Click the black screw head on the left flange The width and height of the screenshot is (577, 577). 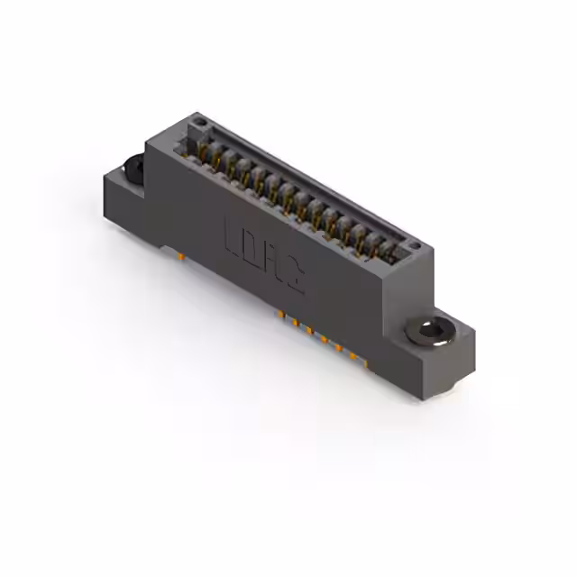133,167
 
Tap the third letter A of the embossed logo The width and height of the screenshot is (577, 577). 273,263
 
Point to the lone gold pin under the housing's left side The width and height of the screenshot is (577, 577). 181,256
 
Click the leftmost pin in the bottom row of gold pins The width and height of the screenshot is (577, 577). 281,315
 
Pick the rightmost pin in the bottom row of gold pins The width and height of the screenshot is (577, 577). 366,363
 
